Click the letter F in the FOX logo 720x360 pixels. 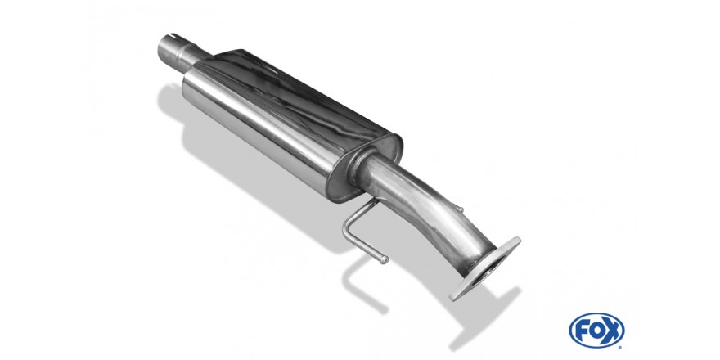tap(582, 331)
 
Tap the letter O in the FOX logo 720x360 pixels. tap(596, 331)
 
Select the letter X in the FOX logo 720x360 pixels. tap(613, 331)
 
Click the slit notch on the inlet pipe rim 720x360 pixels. tap(171, 36)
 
